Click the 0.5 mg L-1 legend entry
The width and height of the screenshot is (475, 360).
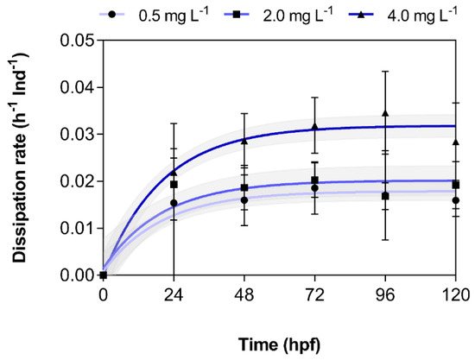point(155,15)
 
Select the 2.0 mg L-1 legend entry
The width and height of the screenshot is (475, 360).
point(278,15)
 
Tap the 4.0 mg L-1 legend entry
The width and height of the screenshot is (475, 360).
point(403,15)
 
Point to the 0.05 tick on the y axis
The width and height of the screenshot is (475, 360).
point(77,41)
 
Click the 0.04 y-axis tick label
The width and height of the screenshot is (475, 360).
point(77,87)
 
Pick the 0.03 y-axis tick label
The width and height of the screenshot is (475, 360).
point(77,135)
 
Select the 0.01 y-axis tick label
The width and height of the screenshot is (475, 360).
point(77,228)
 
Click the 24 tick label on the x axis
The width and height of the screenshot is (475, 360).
point(174,294)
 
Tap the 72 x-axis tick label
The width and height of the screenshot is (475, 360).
point(314,294)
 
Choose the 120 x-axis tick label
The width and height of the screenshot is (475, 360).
point(456,294)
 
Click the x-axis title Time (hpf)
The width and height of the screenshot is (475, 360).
point(279,344)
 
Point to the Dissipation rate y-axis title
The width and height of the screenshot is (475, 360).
point(21,158)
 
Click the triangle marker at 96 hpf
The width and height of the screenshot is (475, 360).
point(385,113)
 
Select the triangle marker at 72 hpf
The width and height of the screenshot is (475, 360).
point(314,126)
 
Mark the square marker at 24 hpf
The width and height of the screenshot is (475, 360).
point(174,185)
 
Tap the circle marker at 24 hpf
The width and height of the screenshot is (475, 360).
point(174,203)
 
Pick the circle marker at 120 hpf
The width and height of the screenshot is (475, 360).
point(456,200)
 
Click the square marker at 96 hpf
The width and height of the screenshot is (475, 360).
point(385,196)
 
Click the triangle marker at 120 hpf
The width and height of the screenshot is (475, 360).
point(456,142)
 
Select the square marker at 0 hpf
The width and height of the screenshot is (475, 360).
point(104,275)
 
